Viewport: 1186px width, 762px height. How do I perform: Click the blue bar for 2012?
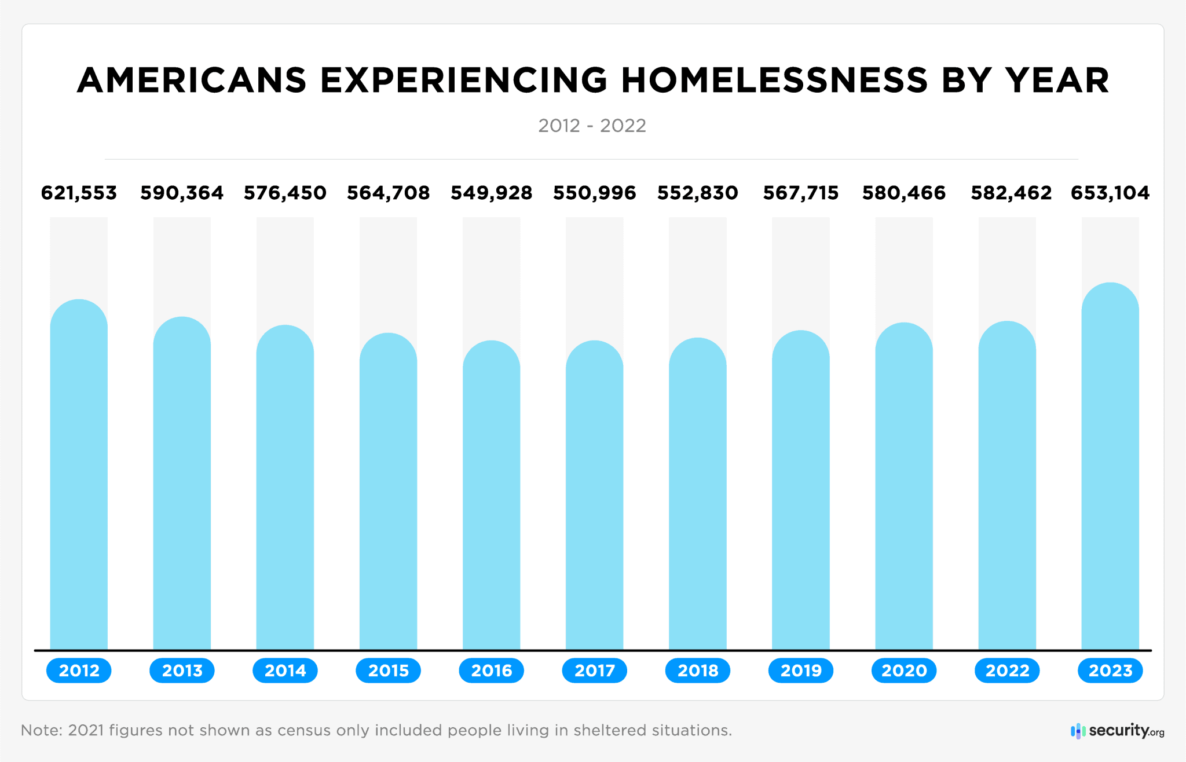point(79,475)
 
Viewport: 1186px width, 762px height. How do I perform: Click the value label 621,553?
point(79,193)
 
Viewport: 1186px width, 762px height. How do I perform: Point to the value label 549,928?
point(491,193)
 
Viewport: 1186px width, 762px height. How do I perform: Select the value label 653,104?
point(1110,193)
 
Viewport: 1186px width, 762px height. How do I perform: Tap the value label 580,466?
point(903,193)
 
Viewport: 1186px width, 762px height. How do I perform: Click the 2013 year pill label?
point(182,671)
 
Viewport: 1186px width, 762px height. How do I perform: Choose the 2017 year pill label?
point(594,671)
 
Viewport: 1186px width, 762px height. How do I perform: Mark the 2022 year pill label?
point(1007,671)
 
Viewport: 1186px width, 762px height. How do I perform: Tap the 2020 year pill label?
point(903,671)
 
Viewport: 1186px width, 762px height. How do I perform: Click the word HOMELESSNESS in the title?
point(774,80)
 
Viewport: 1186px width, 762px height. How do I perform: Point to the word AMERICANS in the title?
point(192,80)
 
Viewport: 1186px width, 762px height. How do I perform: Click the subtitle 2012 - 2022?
point(592,126)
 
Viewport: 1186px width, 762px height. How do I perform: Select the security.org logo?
point(1118,731)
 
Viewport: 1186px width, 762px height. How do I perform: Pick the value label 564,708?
point(388,193)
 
